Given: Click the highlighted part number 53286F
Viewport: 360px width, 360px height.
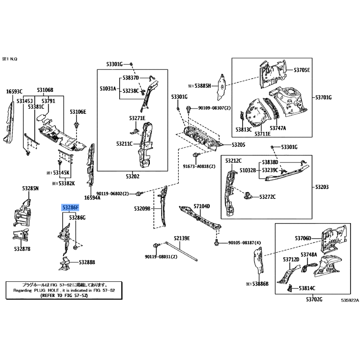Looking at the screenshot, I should tap(71, 207).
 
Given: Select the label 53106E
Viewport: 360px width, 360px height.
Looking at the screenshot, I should tap(78, 112).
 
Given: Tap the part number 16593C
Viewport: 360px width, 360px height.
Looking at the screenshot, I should tap(14, 92).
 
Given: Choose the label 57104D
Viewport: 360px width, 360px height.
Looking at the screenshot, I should tap(202, 206).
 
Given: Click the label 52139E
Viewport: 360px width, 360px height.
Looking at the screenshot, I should tap(182, 238).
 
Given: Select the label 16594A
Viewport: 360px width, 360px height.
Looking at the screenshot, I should tap(92, 197).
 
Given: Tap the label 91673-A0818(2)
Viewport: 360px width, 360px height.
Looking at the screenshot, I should tap(199, 166).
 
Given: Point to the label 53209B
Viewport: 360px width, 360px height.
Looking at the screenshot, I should tap(142, 208).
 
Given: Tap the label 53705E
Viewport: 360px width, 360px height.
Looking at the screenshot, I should tap(302, 70).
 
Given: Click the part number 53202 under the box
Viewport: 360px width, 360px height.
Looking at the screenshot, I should tap(133, 177).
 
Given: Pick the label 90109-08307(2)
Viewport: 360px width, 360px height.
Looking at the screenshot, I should tap(214, 108).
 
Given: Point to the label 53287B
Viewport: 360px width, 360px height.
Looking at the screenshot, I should tap(22, 248).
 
